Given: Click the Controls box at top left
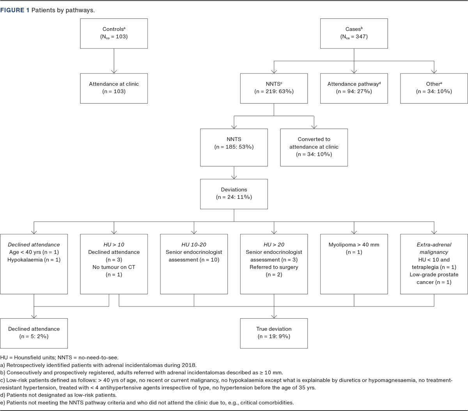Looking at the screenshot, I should point(114,34).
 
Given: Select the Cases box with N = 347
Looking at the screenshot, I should point(354,34).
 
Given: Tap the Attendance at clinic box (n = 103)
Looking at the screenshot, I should point(114,88).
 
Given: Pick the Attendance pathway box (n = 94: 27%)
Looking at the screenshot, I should point(354,88).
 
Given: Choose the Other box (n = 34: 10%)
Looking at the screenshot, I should point(434,88).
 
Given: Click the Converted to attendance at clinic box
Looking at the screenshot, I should point(314,147).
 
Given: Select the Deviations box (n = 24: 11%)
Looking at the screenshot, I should point(234,193).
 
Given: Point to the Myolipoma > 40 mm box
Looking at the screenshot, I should point(354,264).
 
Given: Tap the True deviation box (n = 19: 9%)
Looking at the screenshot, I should point(274,333).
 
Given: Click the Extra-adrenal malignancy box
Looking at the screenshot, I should point(434,264).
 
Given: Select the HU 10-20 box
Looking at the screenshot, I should point(194,264).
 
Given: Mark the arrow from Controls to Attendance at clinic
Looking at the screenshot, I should point(114,61).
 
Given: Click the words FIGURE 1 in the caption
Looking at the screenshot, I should point(14,10).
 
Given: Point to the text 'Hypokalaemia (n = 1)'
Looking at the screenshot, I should point(34,260).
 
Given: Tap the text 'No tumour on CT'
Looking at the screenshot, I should point(114,267).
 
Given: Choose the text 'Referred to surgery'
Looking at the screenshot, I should point(274,267).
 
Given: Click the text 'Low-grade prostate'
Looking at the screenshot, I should point(434,275).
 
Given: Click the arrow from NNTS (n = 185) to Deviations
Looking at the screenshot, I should point(234,173).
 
